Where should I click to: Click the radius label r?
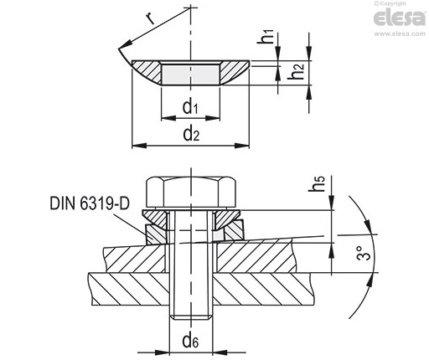click(150, 18)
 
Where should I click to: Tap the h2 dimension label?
click(296, 70)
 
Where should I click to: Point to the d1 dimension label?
click(190, 107)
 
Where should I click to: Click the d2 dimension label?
click(191, 134)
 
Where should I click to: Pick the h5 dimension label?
click(318, 184)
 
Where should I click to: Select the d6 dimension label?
click(190, 341)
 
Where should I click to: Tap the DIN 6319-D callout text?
click(90, 203)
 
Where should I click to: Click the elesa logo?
click(400, 18)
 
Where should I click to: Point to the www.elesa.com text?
click(400, 33)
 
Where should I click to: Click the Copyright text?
click(390, 3)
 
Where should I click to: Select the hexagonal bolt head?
click(191, 193)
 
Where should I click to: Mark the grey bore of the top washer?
click(191, 74)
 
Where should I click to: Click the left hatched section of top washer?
click(147, 72)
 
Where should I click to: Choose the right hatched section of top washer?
click(235, 72)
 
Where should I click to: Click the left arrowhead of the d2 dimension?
click(139, 146)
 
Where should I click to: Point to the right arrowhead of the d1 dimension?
click(213, 118)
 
